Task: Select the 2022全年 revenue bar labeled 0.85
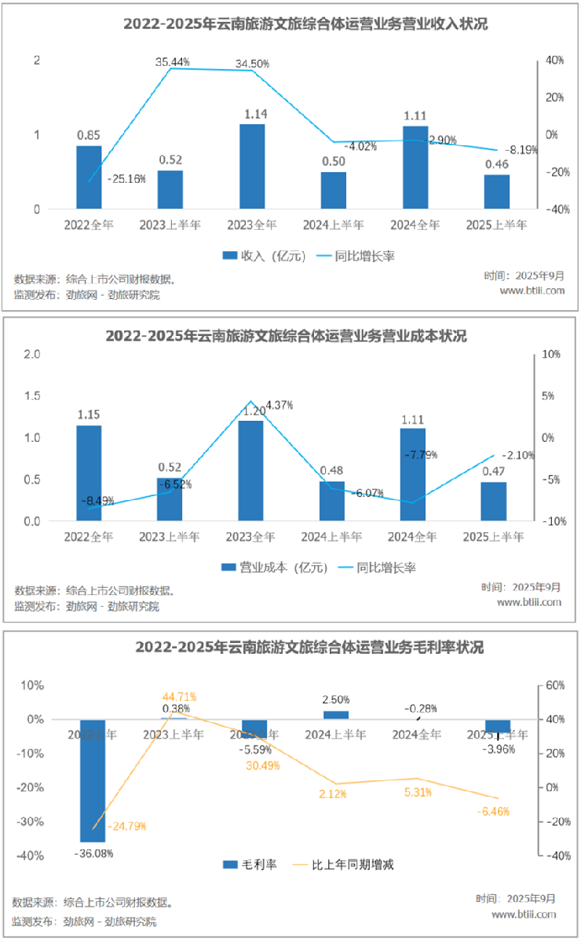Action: click(x=89, y=177)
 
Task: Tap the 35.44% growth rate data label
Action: click(x=173, y=60)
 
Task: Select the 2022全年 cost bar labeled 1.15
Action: click(x=89, y=473)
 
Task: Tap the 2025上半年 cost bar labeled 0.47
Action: click(x=494, y=501)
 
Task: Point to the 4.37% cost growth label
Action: click(x=280, y=405)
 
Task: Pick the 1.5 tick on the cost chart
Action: click(x=31, y=396)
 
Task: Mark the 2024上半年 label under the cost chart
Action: click(x=333, y=537)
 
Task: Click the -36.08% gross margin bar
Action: click(x=93, y=780)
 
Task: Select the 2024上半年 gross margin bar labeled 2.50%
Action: click(x=335, y=715)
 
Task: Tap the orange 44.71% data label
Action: click(x=179, y=696)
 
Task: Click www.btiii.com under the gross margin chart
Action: click(x=524, y=915)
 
